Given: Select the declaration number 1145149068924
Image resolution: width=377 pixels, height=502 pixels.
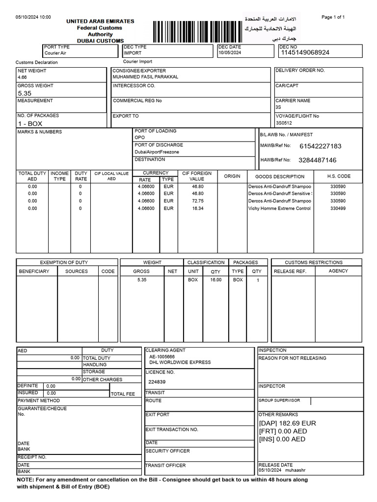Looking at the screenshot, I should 304,52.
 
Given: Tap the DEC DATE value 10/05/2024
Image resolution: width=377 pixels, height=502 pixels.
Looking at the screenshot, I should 230,52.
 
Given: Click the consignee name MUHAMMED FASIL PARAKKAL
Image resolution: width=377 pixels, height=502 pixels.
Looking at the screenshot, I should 145,77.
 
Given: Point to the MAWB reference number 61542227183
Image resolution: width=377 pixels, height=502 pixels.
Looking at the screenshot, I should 320,146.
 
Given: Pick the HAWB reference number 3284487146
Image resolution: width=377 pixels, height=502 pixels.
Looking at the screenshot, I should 318,160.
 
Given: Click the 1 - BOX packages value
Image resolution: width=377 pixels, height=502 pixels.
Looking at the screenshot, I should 30,124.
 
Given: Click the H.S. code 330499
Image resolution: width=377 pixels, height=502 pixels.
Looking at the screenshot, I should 338,208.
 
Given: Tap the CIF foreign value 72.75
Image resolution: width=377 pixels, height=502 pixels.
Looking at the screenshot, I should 198,201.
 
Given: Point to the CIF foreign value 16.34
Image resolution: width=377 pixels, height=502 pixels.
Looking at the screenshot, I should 198,208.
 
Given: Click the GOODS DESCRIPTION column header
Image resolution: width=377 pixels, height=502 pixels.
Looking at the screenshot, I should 280,176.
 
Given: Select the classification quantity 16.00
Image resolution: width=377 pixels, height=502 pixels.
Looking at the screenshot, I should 215,280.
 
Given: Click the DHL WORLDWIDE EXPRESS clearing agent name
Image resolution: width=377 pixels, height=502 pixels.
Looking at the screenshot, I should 180,362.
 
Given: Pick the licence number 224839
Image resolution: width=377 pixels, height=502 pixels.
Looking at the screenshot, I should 157,382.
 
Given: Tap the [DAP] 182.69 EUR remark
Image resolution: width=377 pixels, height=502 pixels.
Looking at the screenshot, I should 287,423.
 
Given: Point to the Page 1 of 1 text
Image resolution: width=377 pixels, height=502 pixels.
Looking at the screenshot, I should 333,17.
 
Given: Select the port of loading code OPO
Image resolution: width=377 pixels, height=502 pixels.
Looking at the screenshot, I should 139,138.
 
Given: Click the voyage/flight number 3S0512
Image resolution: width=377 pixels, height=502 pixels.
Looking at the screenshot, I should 284,123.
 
